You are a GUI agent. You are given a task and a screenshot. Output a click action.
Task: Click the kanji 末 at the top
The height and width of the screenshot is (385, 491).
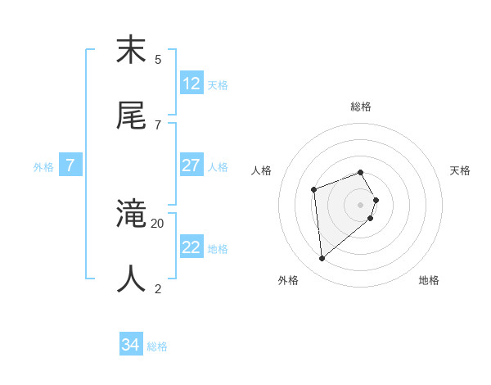(x=132, y=51)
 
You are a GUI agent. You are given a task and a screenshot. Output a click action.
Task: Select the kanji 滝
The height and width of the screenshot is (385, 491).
(x=132, y=215)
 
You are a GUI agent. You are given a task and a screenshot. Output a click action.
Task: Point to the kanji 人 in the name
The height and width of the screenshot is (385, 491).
(x=132, y=279)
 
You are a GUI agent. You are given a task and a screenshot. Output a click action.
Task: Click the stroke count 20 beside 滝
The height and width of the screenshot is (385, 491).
(x=158, y=223)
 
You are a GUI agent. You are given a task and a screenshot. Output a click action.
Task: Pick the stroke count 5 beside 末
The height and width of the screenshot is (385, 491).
(x=158, y=59)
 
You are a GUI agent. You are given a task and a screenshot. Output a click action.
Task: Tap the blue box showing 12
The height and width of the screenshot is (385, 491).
(x=191, y=84)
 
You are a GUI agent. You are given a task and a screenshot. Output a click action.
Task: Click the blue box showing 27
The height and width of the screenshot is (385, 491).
(x=191, y=165)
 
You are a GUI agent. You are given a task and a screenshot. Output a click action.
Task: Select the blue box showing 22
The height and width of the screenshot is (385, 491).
(x=191, y=247)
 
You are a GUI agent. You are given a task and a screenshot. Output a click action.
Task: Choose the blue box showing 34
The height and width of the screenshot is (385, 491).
(x=131, y=345)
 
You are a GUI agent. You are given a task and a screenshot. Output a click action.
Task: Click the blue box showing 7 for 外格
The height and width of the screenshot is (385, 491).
(x=70, y=165)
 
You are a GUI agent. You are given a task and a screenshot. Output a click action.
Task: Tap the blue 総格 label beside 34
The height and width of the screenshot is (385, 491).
(x=157, y=346)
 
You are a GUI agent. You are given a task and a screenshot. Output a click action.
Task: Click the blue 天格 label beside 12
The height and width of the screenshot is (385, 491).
(x=218, y=85)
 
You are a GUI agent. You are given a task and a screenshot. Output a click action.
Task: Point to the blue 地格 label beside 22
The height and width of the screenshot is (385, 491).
(x=218, y=249)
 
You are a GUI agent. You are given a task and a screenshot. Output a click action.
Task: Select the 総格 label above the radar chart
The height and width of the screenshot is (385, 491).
(x=361, y=106)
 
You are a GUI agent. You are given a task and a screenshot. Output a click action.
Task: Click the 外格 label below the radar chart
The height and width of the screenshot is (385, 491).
(x=288, y=280)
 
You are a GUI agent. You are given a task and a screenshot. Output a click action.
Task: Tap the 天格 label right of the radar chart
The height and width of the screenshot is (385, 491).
(x=461, y=170)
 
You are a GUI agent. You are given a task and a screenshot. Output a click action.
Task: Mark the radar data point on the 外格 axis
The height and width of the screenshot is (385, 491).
(x=322, y=259)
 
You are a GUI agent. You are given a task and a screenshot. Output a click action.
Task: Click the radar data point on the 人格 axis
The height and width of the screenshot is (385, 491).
(x=314, y=190)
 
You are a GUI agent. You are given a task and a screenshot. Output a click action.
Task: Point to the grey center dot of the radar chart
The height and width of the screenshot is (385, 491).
(x=361, y=205)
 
